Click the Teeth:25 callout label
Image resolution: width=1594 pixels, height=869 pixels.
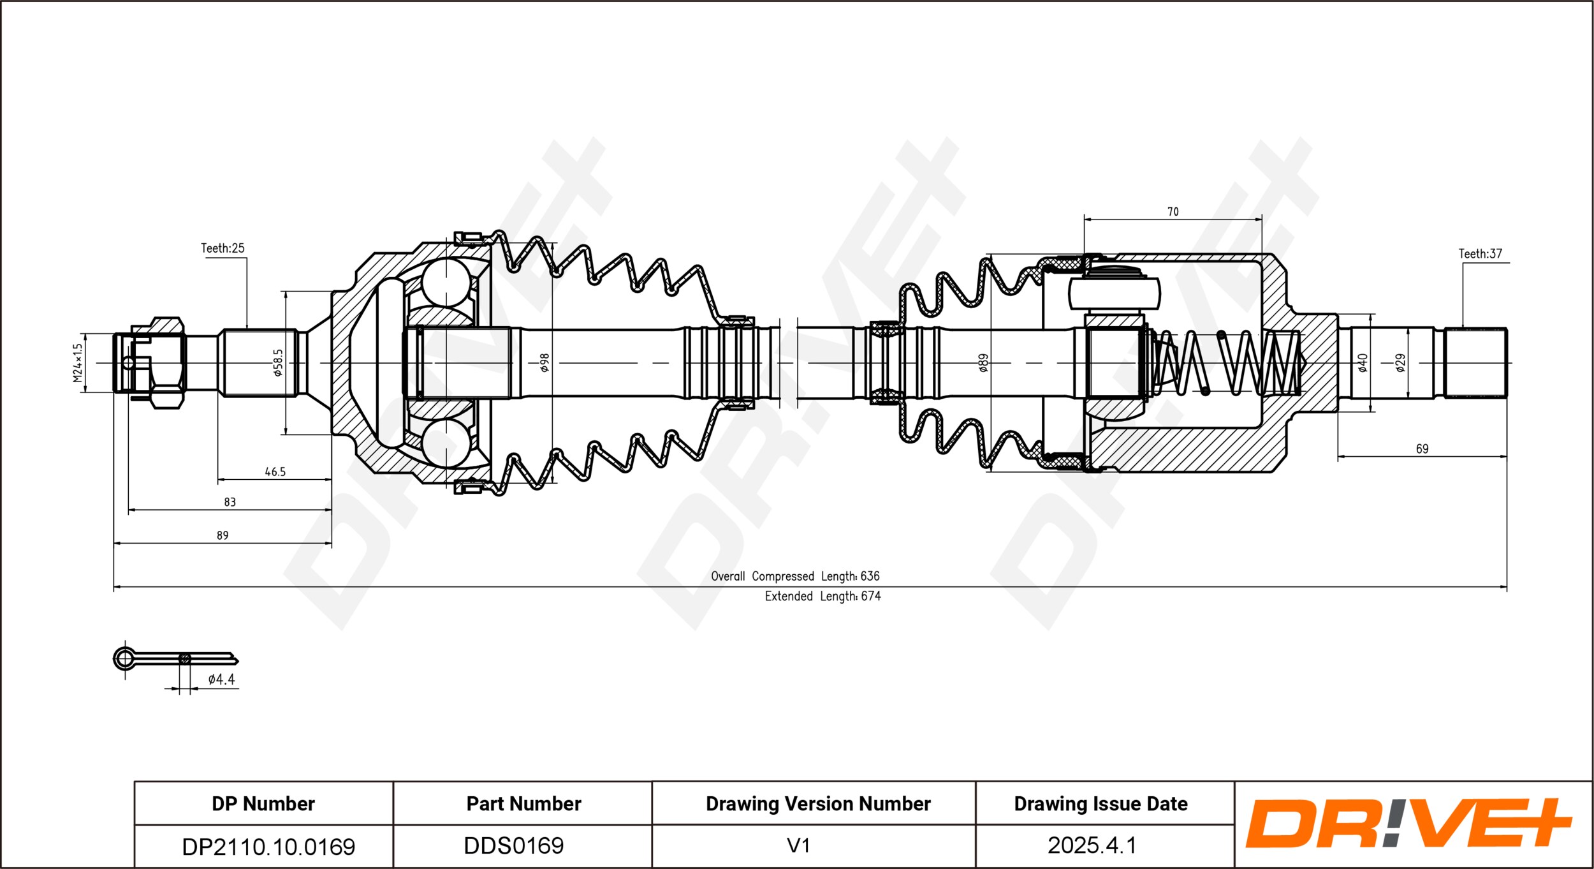point(223,248)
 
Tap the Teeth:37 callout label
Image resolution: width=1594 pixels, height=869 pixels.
point(1480,254)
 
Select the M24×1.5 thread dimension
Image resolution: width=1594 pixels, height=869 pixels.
point(78,362)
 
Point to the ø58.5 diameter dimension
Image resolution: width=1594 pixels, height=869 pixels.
point(278,362)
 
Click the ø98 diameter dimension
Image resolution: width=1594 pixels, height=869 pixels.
point(545,362)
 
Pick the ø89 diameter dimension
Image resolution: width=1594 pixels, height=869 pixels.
point(983,362)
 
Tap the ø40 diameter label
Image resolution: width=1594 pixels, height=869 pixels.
point(1363,362)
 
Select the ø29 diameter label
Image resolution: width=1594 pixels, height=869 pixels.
point(1400,362)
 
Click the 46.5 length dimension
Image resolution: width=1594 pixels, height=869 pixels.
point(275,472)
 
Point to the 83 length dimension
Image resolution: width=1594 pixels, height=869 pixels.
point(230,502)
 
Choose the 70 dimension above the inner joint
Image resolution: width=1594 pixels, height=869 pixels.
point(1173,211)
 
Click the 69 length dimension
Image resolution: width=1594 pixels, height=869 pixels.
point(1422,449)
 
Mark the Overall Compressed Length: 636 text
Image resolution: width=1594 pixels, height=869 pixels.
point(795,576)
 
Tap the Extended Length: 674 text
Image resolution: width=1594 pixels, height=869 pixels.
point(823,596)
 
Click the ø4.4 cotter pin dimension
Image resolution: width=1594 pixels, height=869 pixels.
point(221,680)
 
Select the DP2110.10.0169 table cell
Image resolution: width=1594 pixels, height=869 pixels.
point(268,847)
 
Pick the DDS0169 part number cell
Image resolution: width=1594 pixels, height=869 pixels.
point(513,846)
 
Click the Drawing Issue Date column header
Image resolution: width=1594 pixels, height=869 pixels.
point(1100,804)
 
